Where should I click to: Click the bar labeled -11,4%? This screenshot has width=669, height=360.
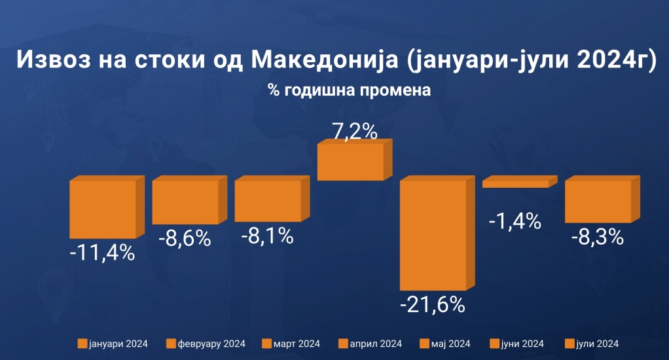click(103, 209)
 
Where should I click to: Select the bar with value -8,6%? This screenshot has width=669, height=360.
click(185, 202)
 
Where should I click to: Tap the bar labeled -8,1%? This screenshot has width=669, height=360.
click(267, 201)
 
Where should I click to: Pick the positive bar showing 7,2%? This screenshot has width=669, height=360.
click(350, 162)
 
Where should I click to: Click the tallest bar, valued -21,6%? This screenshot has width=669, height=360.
click(433, 234)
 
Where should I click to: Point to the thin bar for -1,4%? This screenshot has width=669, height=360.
click(515, 184)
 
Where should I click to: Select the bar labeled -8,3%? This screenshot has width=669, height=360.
click(598, 202)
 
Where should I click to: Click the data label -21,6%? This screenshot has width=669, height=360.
click(433, 305)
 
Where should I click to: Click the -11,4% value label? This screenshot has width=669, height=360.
click(102, 252)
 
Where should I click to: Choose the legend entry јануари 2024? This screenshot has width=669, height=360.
click(112, 344)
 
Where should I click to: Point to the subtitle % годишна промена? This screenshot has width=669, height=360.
click(349, 90)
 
